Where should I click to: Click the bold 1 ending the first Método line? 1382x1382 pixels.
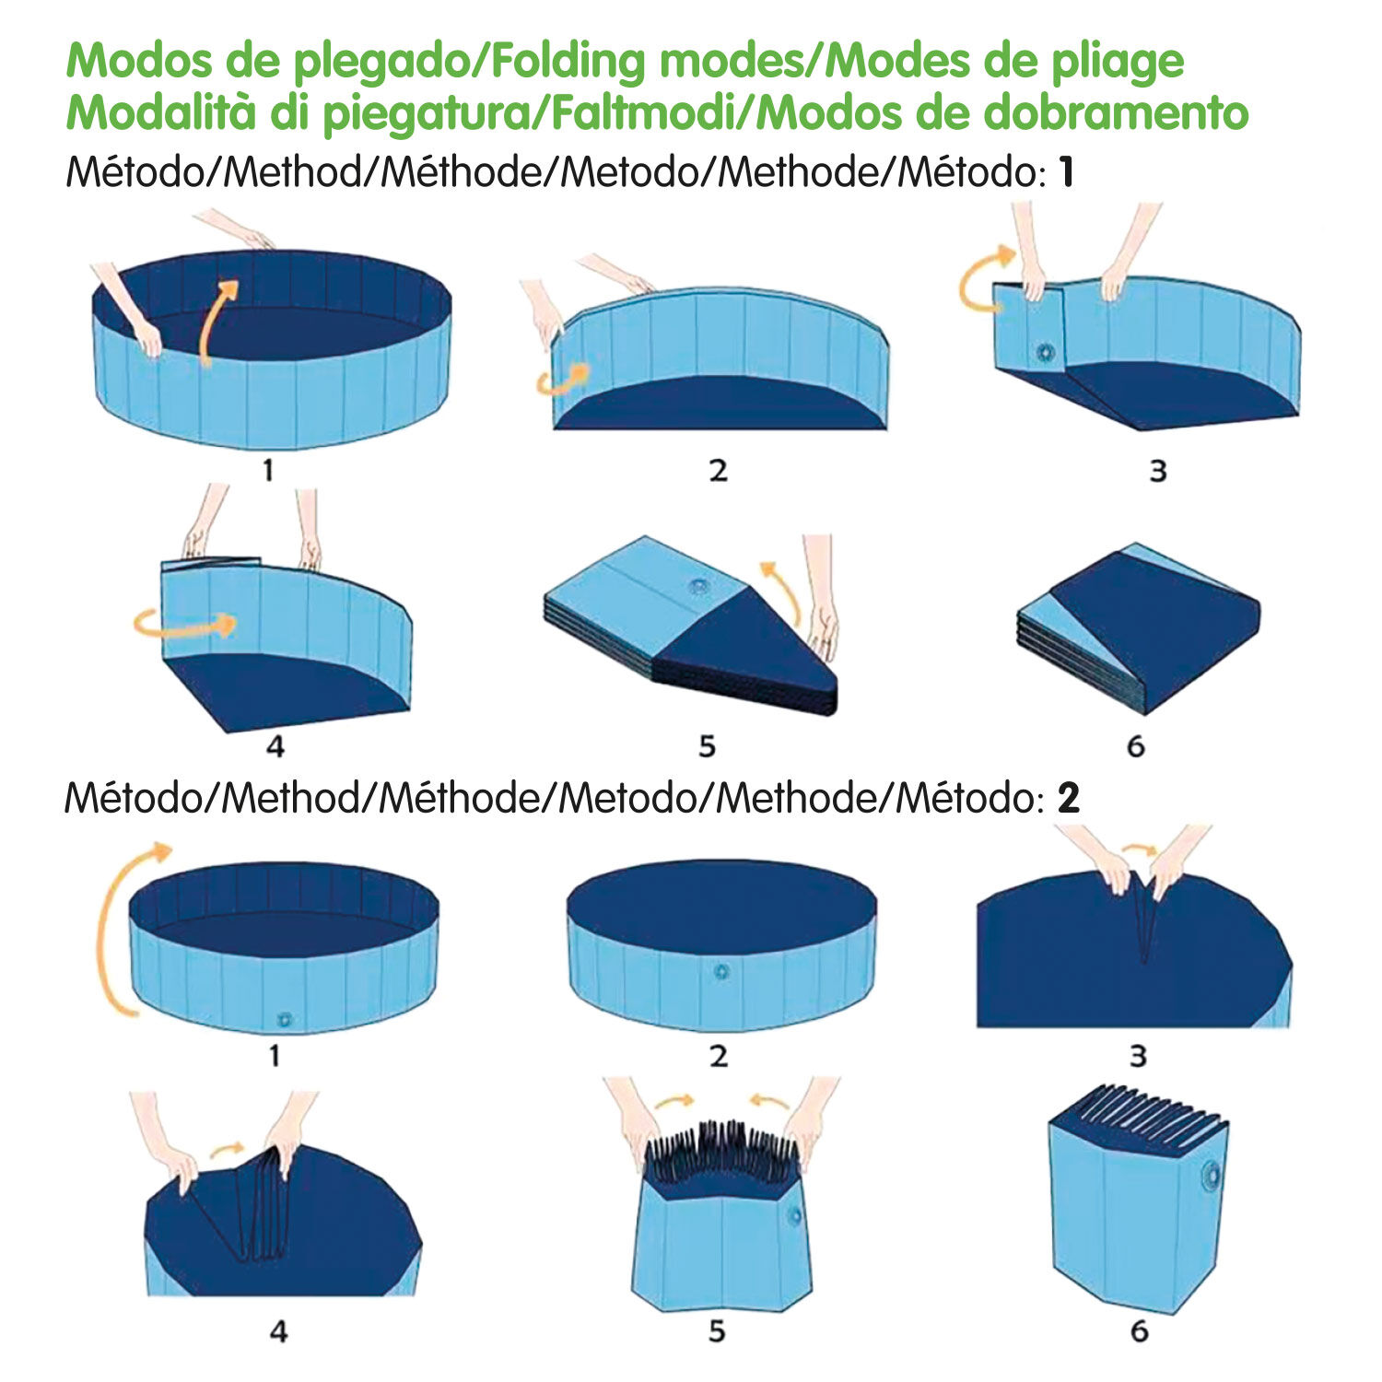(1067, 172)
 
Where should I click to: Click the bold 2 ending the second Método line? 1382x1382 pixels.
(1069, 798)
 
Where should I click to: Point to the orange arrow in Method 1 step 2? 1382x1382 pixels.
(563, 379)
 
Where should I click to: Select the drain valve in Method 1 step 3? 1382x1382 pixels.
(1045, 352)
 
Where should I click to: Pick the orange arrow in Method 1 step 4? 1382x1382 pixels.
(184, 624)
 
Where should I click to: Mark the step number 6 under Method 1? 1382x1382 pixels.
(1136, 746)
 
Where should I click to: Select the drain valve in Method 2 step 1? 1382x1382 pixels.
(286, 1019)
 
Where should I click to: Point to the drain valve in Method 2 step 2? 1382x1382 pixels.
(720, 971)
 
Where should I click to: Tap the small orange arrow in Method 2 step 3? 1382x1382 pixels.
(1143, 848)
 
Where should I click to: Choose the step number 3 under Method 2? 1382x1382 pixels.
(1138, 1056)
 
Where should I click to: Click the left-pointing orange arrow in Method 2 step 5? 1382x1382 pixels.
(769, 1101)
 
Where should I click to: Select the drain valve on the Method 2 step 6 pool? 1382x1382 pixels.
(1209, 1177)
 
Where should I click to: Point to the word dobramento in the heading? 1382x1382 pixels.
(1117, 112)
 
